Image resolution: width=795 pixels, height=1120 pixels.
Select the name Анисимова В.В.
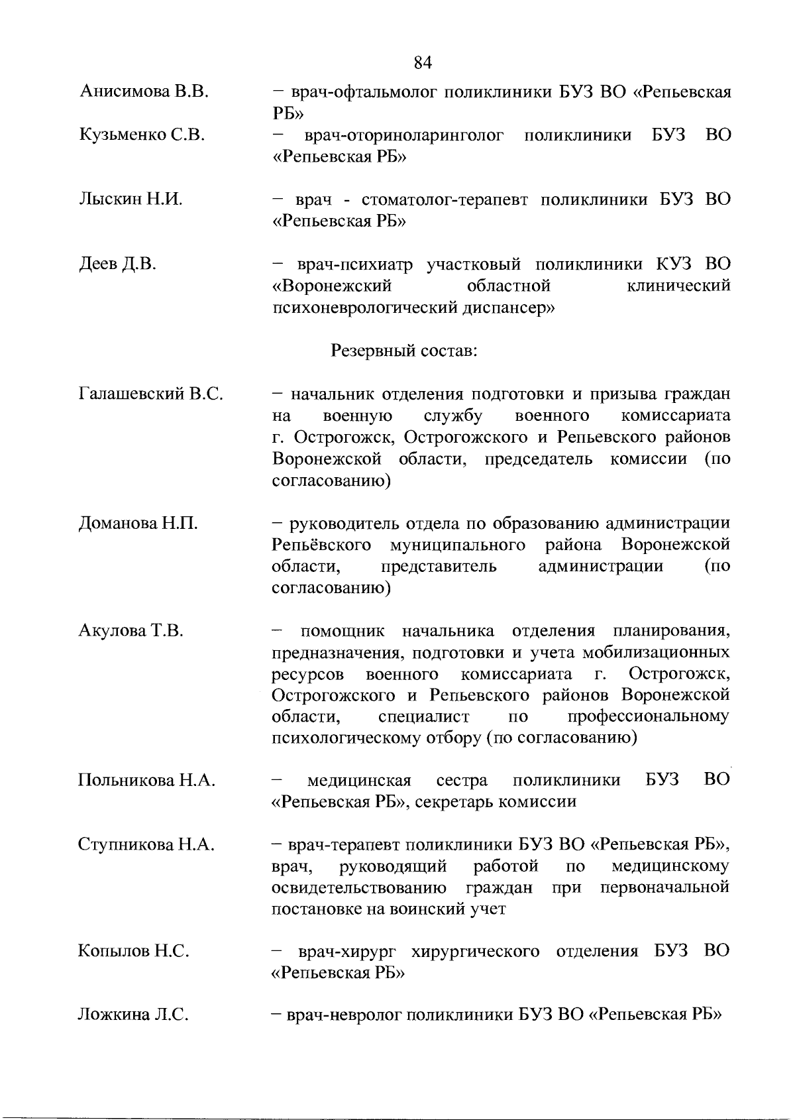(144, 92)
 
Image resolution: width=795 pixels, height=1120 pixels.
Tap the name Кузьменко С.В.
(142, 135)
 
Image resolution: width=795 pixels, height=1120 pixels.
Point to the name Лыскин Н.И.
(131, 199)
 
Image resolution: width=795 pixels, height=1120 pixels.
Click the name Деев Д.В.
(117, 264)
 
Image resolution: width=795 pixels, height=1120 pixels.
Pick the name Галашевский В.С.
(151, 394)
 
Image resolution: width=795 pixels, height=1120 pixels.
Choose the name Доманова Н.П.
(138, 524)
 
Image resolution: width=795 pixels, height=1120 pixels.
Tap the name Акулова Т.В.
(131, 630)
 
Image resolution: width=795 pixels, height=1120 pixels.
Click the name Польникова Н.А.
(147, 780)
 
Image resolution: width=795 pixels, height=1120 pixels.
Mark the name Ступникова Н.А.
(146, 844)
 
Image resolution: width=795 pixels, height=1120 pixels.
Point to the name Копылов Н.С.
(134, 952)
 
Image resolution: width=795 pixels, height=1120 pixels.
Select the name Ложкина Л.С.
(134, 1015)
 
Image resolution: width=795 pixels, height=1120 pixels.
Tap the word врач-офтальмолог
(356, 92)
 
